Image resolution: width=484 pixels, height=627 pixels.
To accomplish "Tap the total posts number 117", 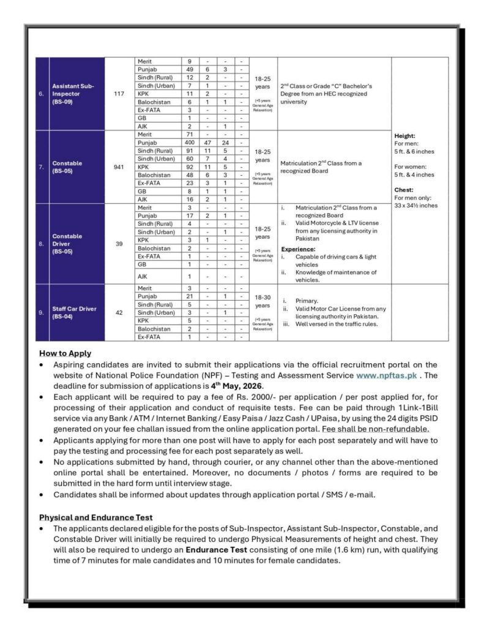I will [119, 94].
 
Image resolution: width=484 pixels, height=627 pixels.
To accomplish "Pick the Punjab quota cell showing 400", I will [190, 142].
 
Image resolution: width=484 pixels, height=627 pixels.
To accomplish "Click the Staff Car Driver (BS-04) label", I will [74, 312].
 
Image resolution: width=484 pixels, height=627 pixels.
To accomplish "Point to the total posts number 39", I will [119, 243].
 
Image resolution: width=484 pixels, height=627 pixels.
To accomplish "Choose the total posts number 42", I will [119, 312].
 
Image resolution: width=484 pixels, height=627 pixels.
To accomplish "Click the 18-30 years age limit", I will [262, 301].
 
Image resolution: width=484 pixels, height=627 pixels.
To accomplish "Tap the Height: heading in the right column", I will [405, 136].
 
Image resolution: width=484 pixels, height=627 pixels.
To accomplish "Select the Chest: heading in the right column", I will [404, 190].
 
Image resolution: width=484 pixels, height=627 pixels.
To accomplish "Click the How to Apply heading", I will [65, 353].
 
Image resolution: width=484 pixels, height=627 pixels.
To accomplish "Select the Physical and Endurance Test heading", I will [95, 517].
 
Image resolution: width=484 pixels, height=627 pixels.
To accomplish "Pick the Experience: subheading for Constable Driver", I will [299, 249].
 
